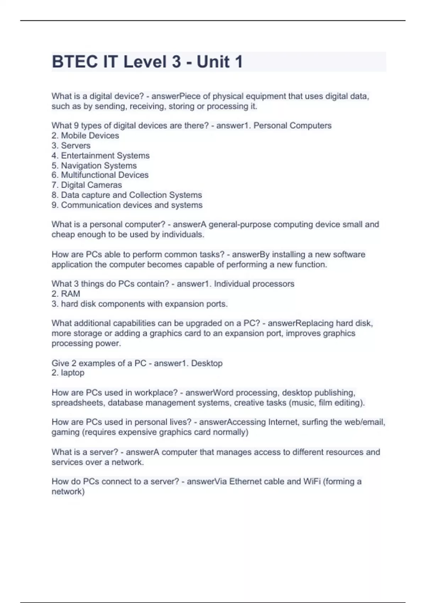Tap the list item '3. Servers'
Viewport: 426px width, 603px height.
[71, 145]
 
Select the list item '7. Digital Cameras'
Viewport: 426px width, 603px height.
[87, 185]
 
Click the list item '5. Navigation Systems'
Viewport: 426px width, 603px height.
[94, 165]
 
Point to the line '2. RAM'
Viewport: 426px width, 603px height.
[66, 294]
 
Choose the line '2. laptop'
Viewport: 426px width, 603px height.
[68, 372]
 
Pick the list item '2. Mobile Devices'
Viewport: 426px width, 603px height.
[85, 135]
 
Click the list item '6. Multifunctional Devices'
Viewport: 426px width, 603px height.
[100, 175]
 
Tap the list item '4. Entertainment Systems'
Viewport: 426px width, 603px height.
[100, 155]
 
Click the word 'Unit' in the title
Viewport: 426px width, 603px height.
[213, 62]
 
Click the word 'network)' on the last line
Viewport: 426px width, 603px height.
[68, 491]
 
